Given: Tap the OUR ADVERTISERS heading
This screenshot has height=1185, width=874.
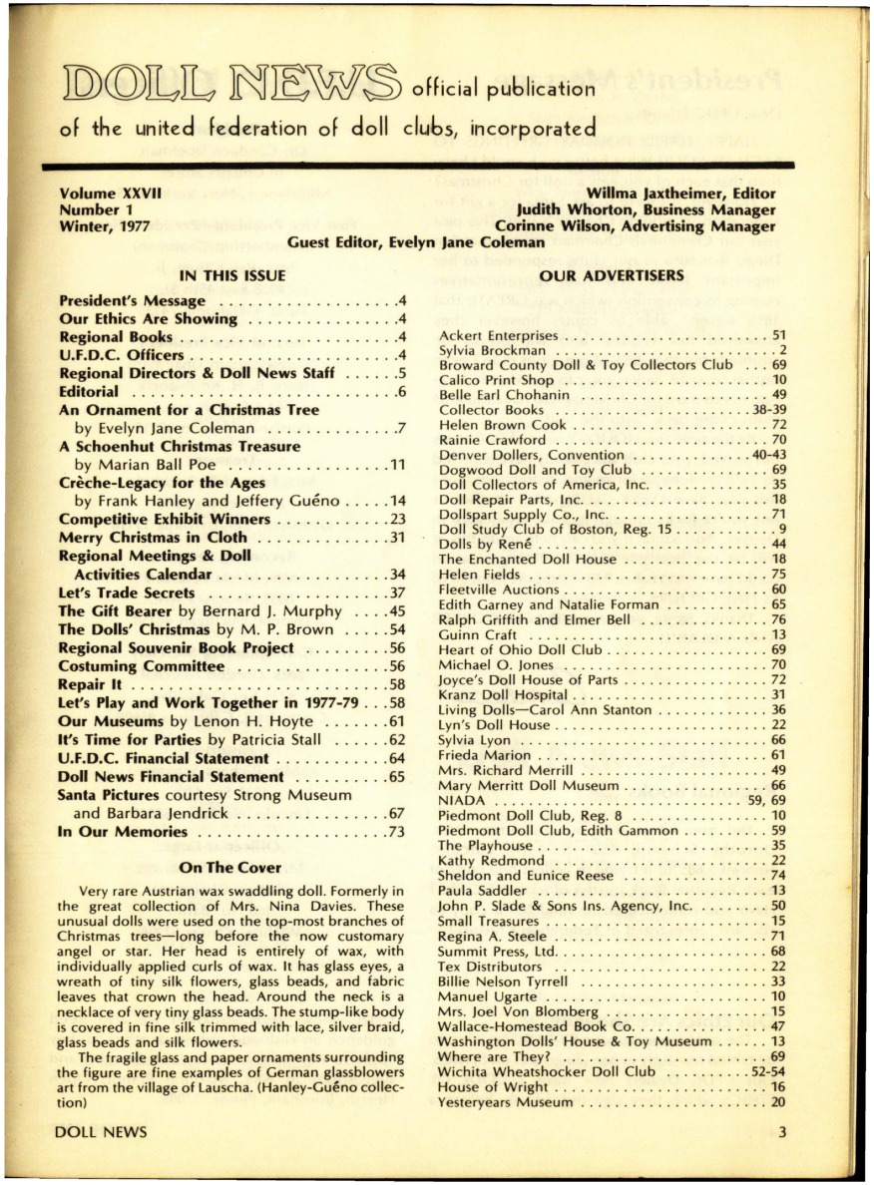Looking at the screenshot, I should pyautogui.click(x=597, y=274).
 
